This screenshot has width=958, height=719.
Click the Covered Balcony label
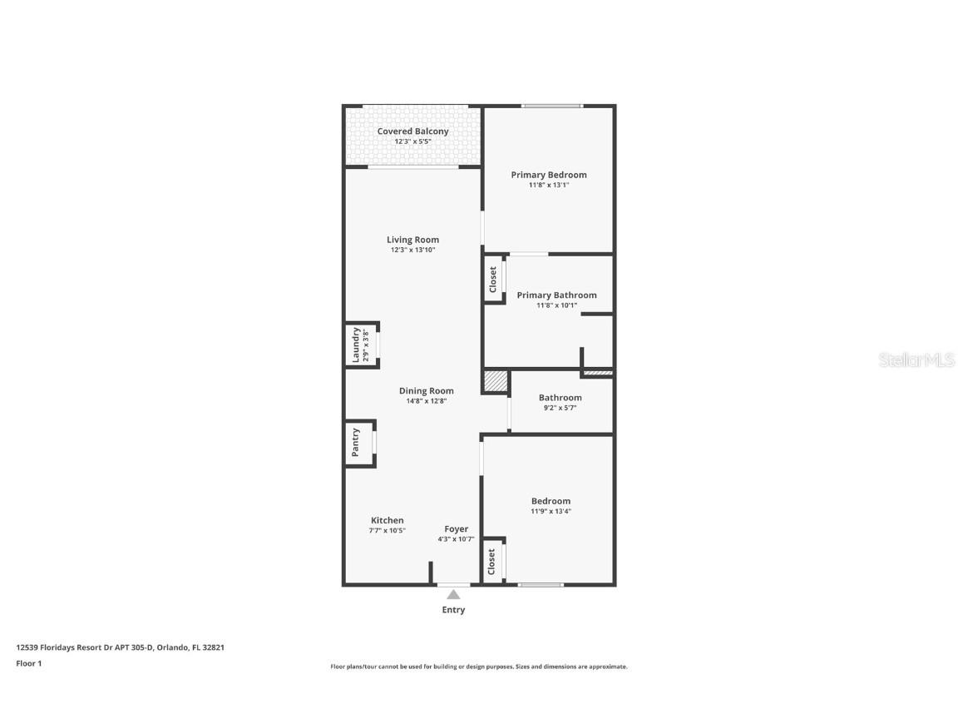412,131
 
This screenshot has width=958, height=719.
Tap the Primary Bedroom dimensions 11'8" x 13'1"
549,186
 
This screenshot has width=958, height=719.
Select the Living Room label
412,240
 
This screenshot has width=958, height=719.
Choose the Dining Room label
427,391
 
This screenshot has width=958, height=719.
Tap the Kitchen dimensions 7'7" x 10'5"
388,530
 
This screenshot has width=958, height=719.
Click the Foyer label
456,529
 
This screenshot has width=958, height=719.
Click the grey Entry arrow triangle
453,594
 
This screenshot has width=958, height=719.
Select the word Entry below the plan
453,610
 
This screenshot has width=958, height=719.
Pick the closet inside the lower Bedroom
492,560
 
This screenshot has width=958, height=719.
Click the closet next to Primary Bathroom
493,279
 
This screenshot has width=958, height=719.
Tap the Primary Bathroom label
556,295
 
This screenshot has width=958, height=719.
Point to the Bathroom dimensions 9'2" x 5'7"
560,408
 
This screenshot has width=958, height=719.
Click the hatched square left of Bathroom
496,381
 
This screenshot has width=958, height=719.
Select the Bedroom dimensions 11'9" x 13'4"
551,511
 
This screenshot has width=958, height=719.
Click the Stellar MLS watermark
916,360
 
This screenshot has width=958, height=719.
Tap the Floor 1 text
29,663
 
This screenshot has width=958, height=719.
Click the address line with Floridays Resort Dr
121,647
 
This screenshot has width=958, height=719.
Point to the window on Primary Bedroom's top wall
552,106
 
